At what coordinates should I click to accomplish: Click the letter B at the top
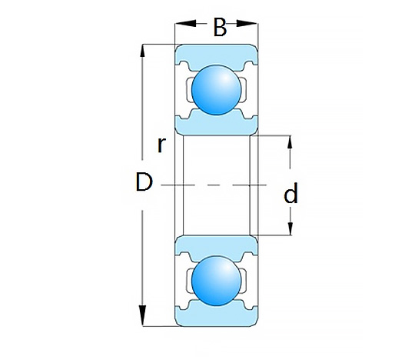220,27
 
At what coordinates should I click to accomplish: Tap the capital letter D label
144,182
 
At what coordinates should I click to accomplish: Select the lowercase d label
290,193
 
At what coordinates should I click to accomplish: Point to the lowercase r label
161,145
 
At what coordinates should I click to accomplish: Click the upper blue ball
217,89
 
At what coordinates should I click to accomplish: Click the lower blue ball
217,281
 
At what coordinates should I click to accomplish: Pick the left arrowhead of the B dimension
185,24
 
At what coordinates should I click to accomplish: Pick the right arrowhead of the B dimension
247,24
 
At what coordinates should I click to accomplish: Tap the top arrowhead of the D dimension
142,50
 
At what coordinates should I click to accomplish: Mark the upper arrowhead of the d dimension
290,142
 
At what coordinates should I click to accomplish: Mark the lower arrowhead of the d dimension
290,228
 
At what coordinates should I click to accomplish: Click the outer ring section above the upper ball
217,55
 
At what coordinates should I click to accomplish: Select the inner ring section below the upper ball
217,124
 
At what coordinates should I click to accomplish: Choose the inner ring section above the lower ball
217,245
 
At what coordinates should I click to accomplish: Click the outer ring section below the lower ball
217,315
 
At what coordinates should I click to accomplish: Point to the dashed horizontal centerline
214,185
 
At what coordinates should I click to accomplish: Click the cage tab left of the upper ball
189,89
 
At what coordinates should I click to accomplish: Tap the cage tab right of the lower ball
244,281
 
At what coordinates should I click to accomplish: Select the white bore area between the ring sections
217,185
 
